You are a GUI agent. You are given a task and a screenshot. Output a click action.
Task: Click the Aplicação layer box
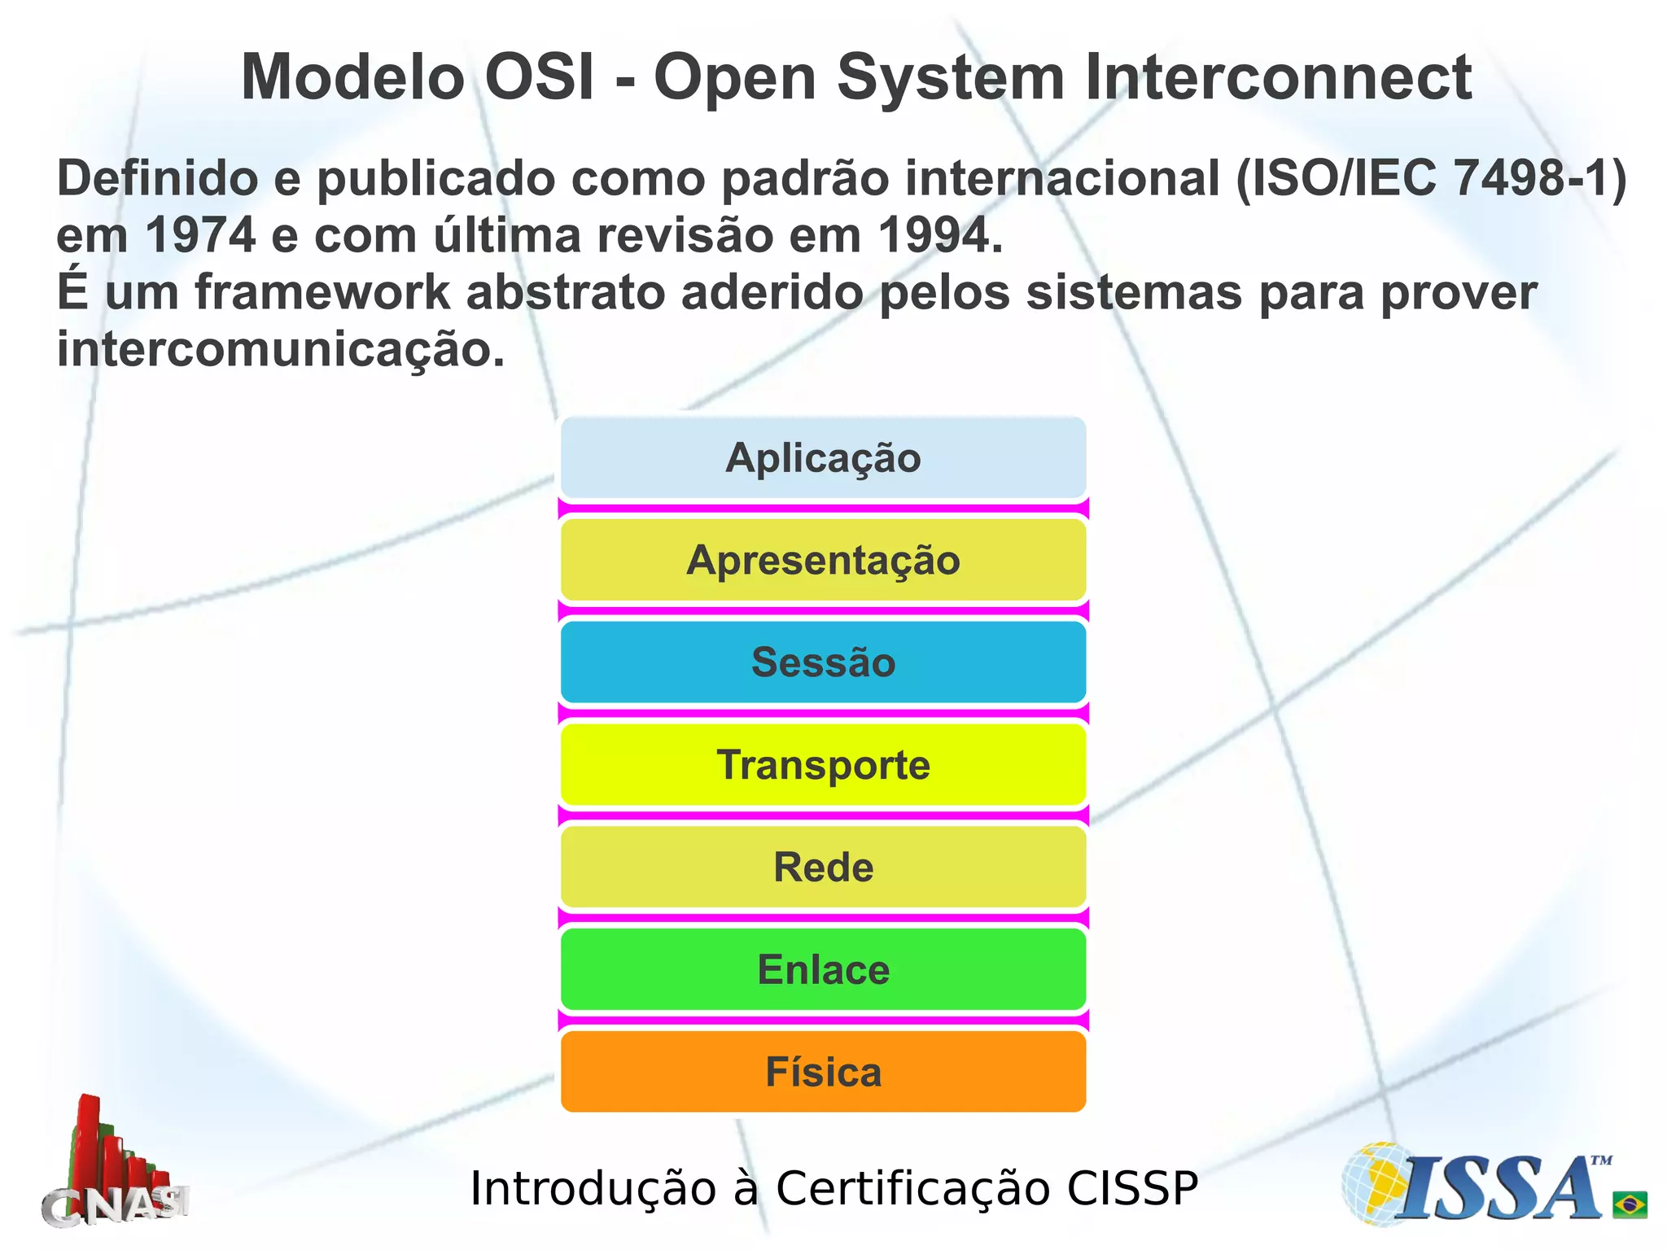[x=823, y=457]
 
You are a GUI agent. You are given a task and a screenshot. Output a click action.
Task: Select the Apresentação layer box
[x=823, y=560]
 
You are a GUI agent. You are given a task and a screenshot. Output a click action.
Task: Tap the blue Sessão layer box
[x=823, y=662]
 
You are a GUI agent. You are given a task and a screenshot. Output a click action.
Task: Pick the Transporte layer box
[x=823, y=764]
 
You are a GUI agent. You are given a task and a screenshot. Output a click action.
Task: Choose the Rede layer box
[x=823, y=867]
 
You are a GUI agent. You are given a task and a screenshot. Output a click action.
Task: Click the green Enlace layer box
[x=823, y=969]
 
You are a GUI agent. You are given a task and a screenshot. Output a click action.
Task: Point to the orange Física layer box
[x=823, y=1072]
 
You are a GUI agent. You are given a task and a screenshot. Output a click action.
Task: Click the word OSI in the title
[x=539, y=77]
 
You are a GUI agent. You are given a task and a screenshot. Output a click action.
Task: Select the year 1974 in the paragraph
[x=201, y=235]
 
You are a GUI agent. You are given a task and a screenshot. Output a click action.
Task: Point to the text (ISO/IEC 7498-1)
[x=1431, y=178]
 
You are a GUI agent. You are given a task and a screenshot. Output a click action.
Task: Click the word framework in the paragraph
[x=322, y=292]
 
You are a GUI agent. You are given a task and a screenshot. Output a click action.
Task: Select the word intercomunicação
[x=280, y=349]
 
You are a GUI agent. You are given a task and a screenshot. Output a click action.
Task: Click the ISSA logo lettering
[x=1502, y=1190]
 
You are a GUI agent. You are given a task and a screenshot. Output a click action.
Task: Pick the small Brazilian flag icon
[x=1630, y=1204]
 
